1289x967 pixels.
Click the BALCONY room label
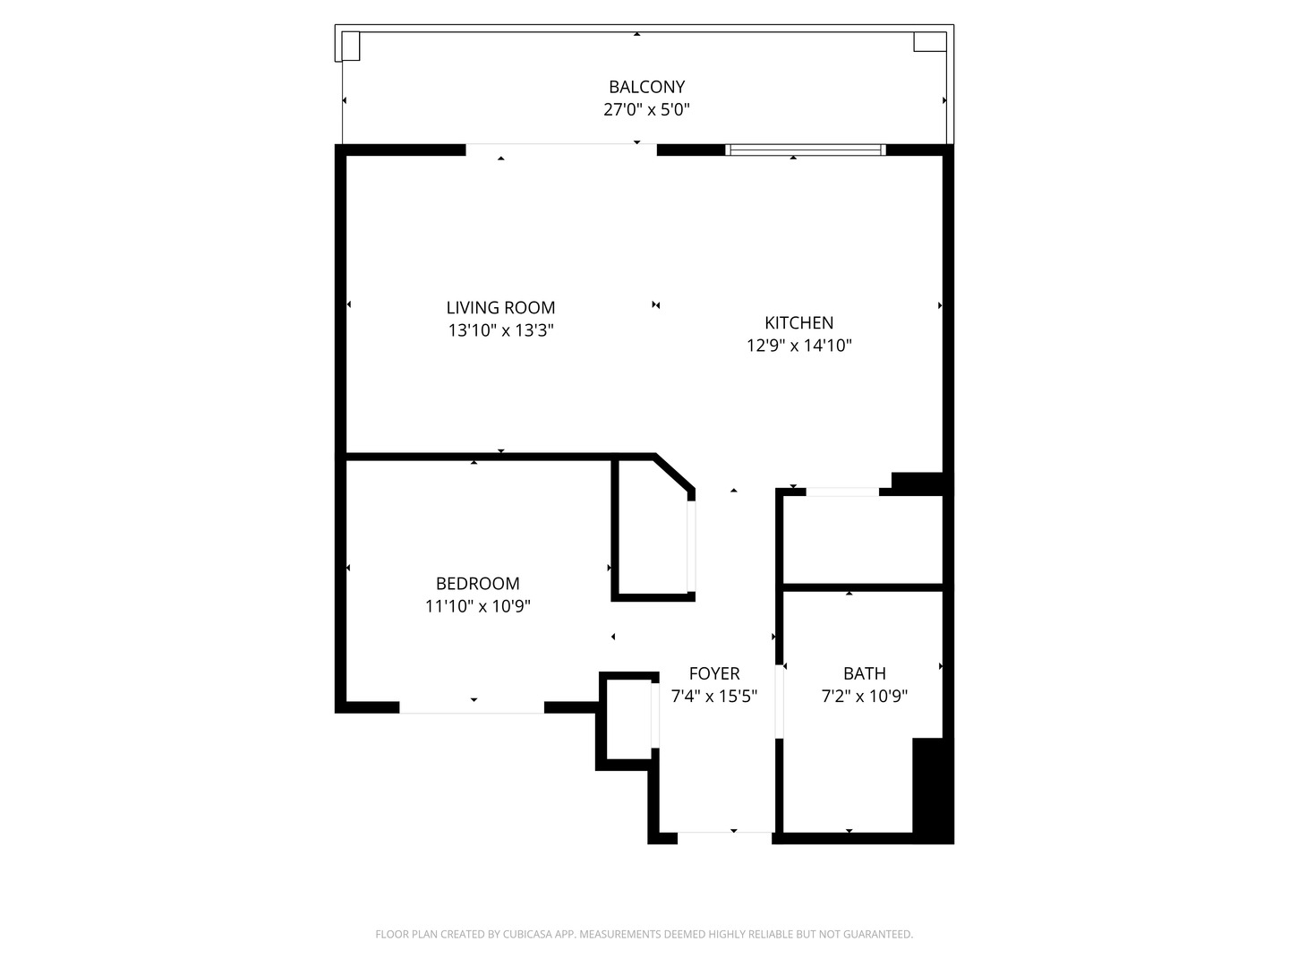point(646,87)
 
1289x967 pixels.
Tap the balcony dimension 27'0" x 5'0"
point(646,110)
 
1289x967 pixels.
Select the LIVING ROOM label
point(500,308)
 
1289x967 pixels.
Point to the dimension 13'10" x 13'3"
point(500,330)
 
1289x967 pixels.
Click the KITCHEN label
point(798,323)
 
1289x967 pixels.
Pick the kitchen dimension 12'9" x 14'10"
point(798,346)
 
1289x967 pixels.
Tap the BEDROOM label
point(477,584)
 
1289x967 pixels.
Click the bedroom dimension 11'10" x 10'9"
point(477,606)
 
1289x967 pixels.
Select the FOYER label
point(713,674)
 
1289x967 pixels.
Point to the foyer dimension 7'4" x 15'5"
point(713,697)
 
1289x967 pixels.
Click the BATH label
point(864,674)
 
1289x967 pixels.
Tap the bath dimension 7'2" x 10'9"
point(864,697)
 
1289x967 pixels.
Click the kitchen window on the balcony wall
point(805,150)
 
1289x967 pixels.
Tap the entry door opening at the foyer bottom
point(724,833)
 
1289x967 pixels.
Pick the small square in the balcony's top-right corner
point(929,41)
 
